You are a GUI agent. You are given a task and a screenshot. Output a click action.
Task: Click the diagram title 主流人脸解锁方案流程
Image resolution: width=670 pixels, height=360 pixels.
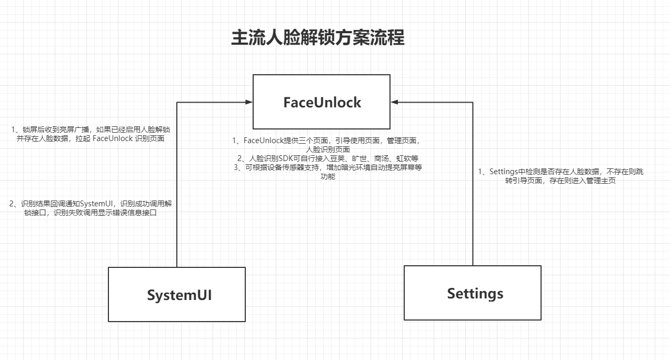[318, 38]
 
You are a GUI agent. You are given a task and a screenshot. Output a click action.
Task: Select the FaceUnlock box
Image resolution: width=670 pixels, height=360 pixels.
[322, 102]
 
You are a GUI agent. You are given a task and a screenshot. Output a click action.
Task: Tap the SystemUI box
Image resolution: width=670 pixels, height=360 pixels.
[177, 295]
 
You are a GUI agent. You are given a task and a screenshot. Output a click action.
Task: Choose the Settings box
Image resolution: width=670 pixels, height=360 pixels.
[472, 293]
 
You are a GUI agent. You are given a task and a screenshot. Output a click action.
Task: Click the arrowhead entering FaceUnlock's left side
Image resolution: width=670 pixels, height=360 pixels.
[248, 102]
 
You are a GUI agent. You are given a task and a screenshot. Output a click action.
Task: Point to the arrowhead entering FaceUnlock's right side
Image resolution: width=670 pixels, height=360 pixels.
[395, 102]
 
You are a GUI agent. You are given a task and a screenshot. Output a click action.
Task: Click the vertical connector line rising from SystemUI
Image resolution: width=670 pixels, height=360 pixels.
[177, 184]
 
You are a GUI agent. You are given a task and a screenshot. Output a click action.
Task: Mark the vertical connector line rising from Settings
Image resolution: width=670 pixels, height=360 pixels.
[473, 184]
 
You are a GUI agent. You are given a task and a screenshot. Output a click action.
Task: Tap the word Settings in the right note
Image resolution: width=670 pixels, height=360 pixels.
[504, 172]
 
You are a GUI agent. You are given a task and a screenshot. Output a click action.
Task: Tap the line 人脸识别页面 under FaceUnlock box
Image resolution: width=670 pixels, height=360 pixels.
[327, 149]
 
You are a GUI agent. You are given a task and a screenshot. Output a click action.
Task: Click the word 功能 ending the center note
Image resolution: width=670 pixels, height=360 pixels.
[327, 177]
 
